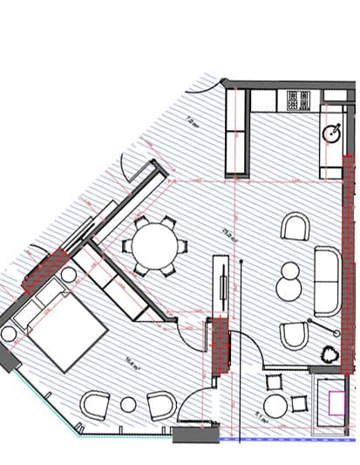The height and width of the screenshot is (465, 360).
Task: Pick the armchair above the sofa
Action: click(296, 229)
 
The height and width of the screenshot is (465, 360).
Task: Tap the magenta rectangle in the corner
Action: click(336, 403)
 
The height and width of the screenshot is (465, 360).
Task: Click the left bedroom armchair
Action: click(94, 405)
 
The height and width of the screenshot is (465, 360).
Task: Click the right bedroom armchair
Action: click(160, 404)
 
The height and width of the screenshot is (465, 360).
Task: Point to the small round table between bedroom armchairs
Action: click(128, 404)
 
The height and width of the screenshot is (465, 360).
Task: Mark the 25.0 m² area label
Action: click(228, 234)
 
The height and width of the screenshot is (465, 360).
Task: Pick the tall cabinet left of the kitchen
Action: click(238, 133)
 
